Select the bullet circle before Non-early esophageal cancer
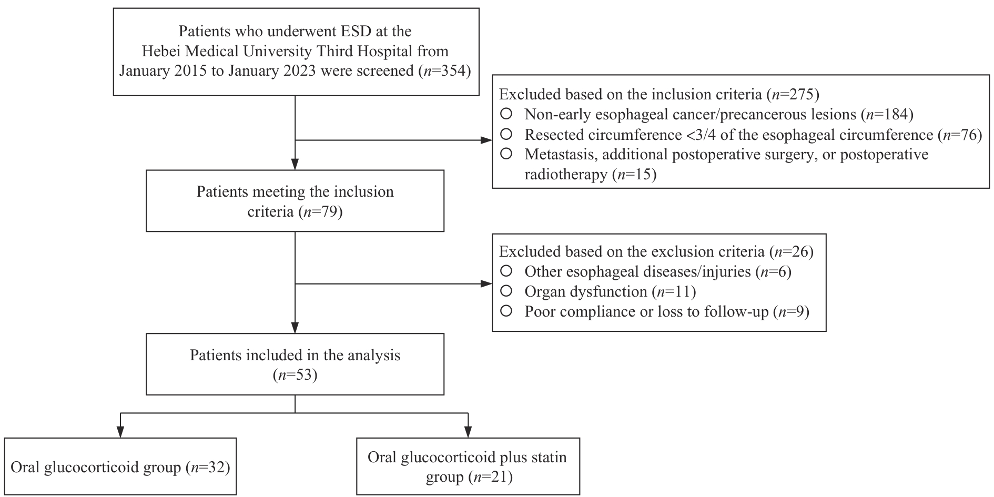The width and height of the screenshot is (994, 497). click(x=506, y=114)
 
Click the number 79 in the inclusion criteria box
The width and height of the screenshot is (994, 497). click(x=329, y=211)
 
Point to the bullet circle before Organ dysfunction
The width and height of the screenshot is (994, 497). click(x=506, y=291)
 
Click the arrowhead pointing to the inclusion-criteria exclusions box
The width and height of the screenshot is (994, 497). click(x=486, y=140)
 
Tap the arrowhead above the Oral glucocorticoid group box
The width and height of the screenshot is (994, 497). click(x=121, y=432)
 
